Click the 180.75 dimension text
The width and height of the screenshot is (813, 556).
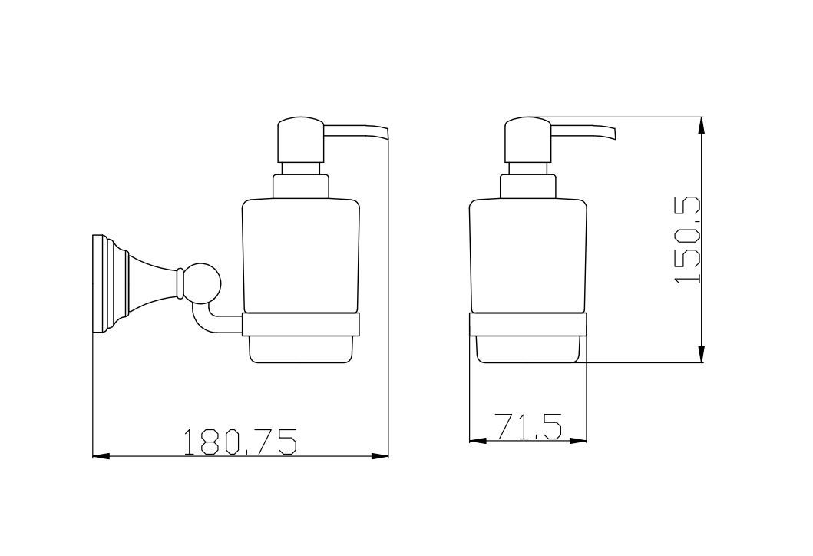point(240,441)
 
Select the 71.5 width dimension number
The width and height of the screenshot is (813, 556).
point(528,426)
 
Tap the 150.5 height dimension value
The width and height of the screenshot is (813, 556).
point(688,240)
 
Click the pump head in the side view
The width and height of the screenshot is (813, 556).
point(301,140)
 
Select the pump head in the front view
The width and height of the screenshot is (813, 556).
point(528,140)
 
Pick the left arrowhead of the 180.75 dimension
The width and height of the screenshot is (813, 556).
point(101,456)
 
